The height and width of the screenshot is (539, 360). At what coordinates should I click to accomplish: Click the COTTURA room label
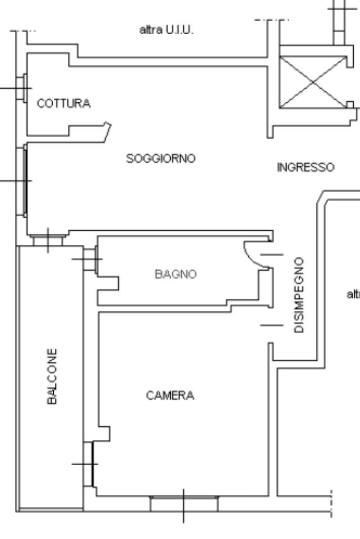tap(64, 104)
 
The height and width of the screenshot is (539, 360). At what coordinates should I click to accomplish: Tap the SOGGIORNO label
tap(161, 158)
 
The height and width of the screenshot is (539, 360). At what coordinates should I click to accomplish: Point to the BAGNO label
tap(176, 274)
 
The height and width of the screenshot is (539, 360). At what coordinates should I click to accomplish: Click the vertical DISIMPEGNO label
tap(299, 295)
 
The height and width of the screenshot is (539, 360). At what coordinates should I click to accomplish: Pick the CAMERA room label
tap(170, 395)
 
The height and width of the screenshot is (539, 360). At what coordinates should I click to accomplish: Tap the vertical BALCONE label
tap(52, 376)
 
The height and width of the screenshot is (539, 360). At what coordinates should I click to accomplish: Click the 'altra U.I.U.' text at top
tap(167, 32)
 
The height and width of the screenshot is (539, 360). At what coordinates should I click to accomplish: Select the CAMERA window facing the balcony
tap(89, 464)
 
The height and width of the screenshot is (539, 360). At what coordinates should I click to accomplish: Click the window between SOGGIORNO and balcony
tap(48, 240)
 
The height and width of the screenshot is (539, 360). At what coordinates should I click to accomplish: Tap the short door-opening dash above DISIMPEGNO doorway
tap(271, 254)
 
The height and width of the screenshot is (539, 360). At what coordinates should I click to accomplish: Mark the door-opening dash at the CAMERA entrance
tap(271, 325)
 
